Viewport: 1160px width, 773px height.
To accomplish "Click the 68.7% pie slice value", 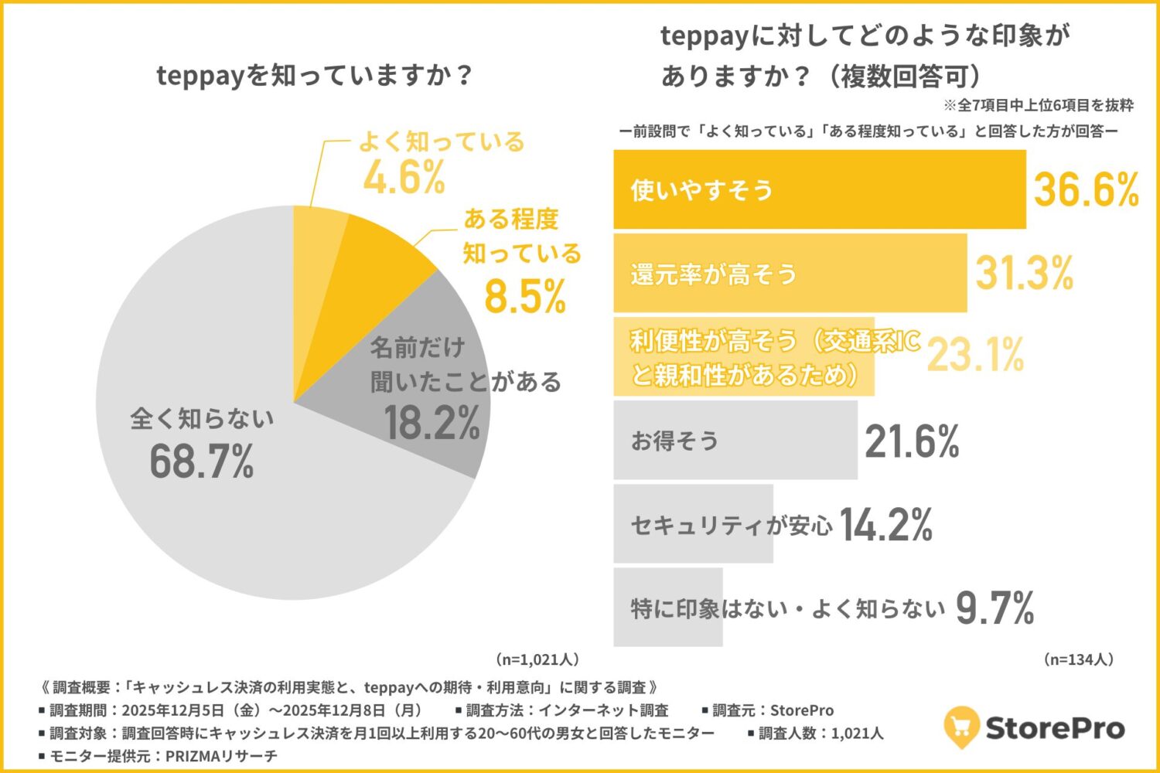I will (x=202, y=462).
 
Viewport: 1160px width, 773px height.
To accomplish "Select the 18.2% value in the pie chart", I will (x=432, y=424).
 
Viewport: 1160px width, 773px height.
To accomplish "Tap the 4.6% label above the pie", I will (x=404, y=177).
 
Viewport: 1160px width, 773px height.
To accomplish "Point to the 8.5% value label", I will (x=525, y=296).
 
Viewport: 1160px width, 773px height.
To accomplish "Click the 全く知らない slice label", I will (x=202, y=418).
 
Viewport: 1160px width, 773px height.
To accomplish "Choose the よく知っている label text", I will (x=441, y=141).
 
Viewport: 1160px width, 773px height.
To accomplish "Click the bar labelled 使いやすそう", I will (x=819, y=189).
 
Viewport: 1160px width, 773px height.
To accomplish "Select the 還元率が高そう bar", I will (x=790, y=274).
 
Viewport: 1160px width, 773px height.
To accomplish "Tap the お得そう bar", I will (x=735, y=440).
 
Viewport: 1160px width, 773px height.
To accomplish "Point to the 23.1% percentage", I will (x=976, y=356).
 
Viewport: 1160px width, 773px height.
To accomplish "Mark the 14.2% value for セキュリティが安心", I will (x=886, y=525).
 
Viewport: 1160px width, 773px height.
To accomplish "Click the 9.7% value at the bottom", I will (x=995, y=608).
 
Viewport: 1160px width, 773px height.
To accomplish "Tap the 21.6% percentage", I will (x=912, y=441).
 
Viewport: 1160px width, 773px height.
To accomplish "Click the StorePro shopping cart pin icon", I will (x=961, y=727).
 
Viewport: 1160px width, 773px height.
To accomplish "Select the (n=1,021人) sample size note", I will (x=536, y=659).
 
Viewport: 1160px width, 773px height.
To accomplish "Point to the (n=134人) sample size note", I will (x=1078, y=659).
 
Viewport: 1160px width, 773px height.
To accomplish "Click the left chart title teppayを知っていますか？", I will (x=314, y=76).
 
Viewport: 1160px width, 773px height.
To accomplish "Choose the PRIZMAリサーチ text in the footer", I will (x=221, y=755).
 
